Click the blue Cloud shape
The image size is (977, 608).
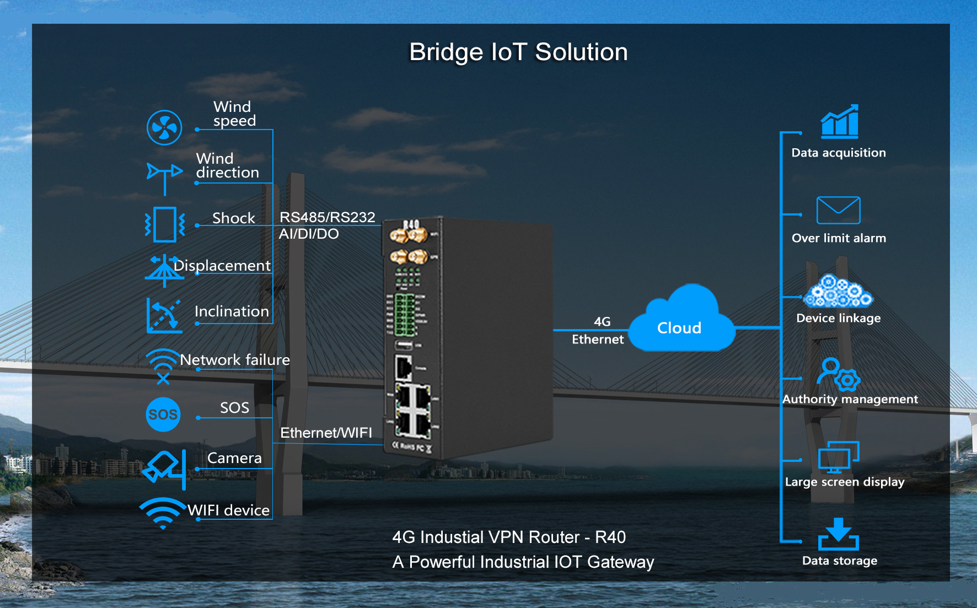(681, 322)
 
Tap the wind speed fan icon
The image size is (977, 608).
(164, 128)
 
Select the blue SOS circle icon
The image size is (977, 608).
(163, 415)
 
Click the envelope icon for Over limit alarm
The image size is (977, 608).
(838, 210)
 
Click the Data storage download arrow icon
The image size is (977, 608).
(839, 534)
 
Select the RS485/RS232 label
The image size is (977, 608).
(327, 217)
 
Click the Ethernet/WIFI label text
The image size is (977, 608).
(326, 433)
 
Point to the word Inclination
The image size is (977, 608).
(232, 311)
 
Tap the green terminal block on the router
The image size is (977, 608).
(404, 315)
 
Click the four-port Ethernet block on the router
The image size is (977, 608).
(413, 411)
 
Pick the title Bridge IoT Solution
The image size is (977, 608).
(518, 52)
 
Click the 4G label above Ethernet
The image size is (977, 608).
(602, 321)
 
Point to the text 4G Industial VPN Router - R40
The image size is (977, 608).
(509, 537)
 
